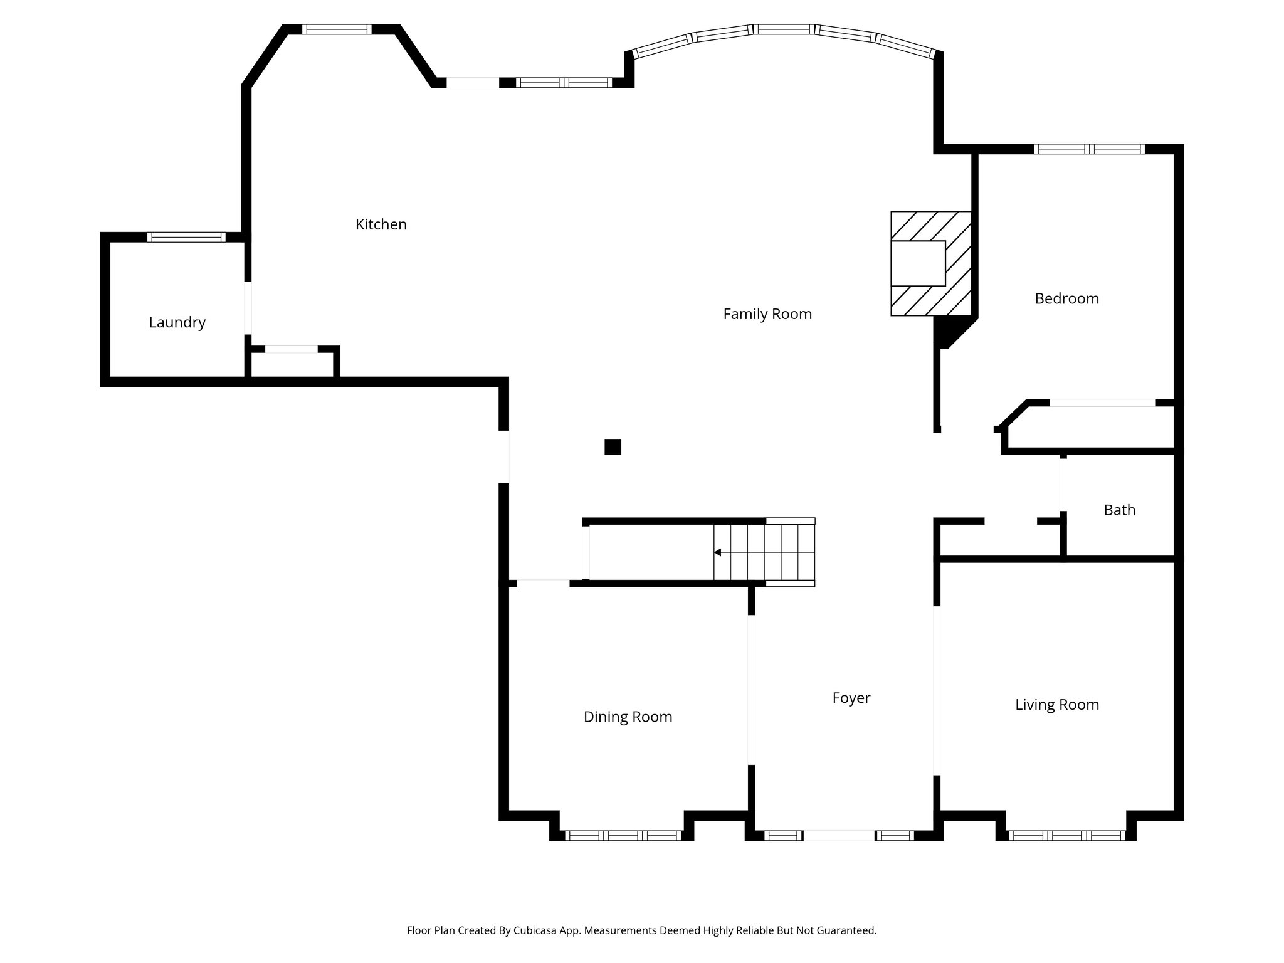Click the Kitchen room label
(x=381, y=224)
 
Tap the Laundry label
(x=177, y=322)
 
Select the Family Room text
(x=767, y=314)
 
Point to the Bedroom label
(x=1066, y=298)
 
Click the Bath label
(x=1119, y=510)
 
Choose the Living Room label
(x=1056, y=705)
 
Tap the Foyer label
(x=851, y=698)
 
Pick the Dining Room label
(x=628, y=717)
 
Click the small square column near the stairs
(x=613, y=447)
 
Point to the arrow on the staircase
(x=718, y=552)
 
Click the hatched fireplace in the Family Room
(x=931, y=263)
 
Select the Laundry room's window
(x=186, y=237)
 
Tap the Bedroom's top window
(x=1089, y=149)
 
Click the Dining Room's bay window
(x=623, y=835)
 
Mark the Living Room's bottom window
(x=1066, y=835)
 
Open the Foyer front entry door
(x=838, y=835)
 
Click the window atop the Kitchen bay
(x=337, y=29)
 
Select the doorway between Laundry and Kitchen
(x=248, y=308)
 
